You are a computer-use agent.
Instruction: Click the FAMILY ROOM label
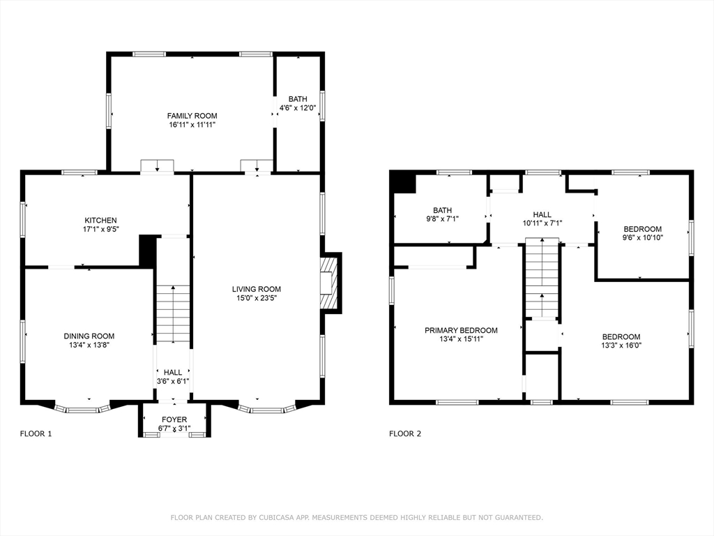(x=192, y=116)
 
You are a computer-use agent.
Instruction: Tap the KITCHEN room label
(x=100, y=221)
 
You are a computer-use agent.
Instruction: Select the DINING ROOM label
(x=89, y=336)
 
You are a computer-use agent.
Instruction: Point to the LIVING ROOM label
(x=257, y=289)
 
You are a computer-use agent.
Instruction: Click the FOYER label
(x=174, y=419)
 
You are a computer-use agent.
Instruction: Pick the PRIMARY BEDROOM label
(x=462, y=330)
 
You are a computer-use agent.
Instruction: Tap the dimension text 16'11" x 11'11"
(x=192, y=124)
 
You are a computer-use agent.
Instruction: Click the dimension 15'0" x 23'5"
(x=257, y=298)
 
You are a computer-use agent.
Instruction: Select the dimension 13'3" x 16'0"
(x=621, y=345)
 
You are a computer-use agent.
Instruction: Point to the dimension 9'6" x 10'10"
(x=642, y=237)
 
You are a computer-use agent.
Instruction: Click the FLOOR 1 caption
(x=36, y=434)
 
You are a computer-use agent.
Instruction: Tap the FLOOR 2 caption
(x=405, y=434)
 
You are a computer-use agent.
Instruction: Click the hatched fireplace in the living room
(x=330, y=283)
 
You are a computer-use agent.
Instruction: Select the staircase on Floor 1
(x=173, y=314)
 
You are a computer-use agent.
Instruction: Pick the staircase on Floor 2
(x=542, y=278)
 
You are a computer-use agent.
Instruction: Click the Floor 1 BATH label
(x=298, y=99)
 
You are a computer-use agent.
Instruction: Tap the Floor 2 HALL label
(x=542, y=215)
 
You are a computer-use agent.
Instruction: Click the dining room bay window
(x=82, y=408)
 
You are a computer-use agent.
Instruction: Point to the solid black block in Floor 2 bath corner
(x=403, y=183)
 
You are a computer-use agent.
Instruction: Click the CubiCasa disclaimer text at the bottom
(x=356, y=517)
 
